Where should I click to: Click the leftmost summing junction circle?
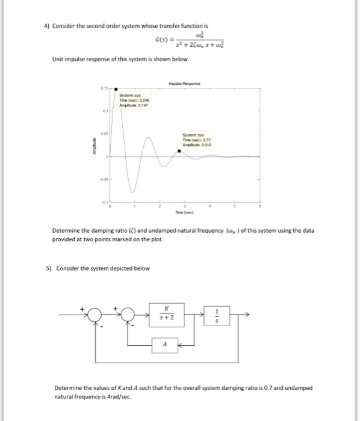(x=94, y=314)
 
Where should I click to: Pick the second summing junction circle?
(x=128, y=314)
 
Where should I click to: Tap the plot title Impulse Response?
(x=184, y=84)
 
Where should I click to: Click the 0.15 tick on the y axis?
(x=104, y=89)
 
